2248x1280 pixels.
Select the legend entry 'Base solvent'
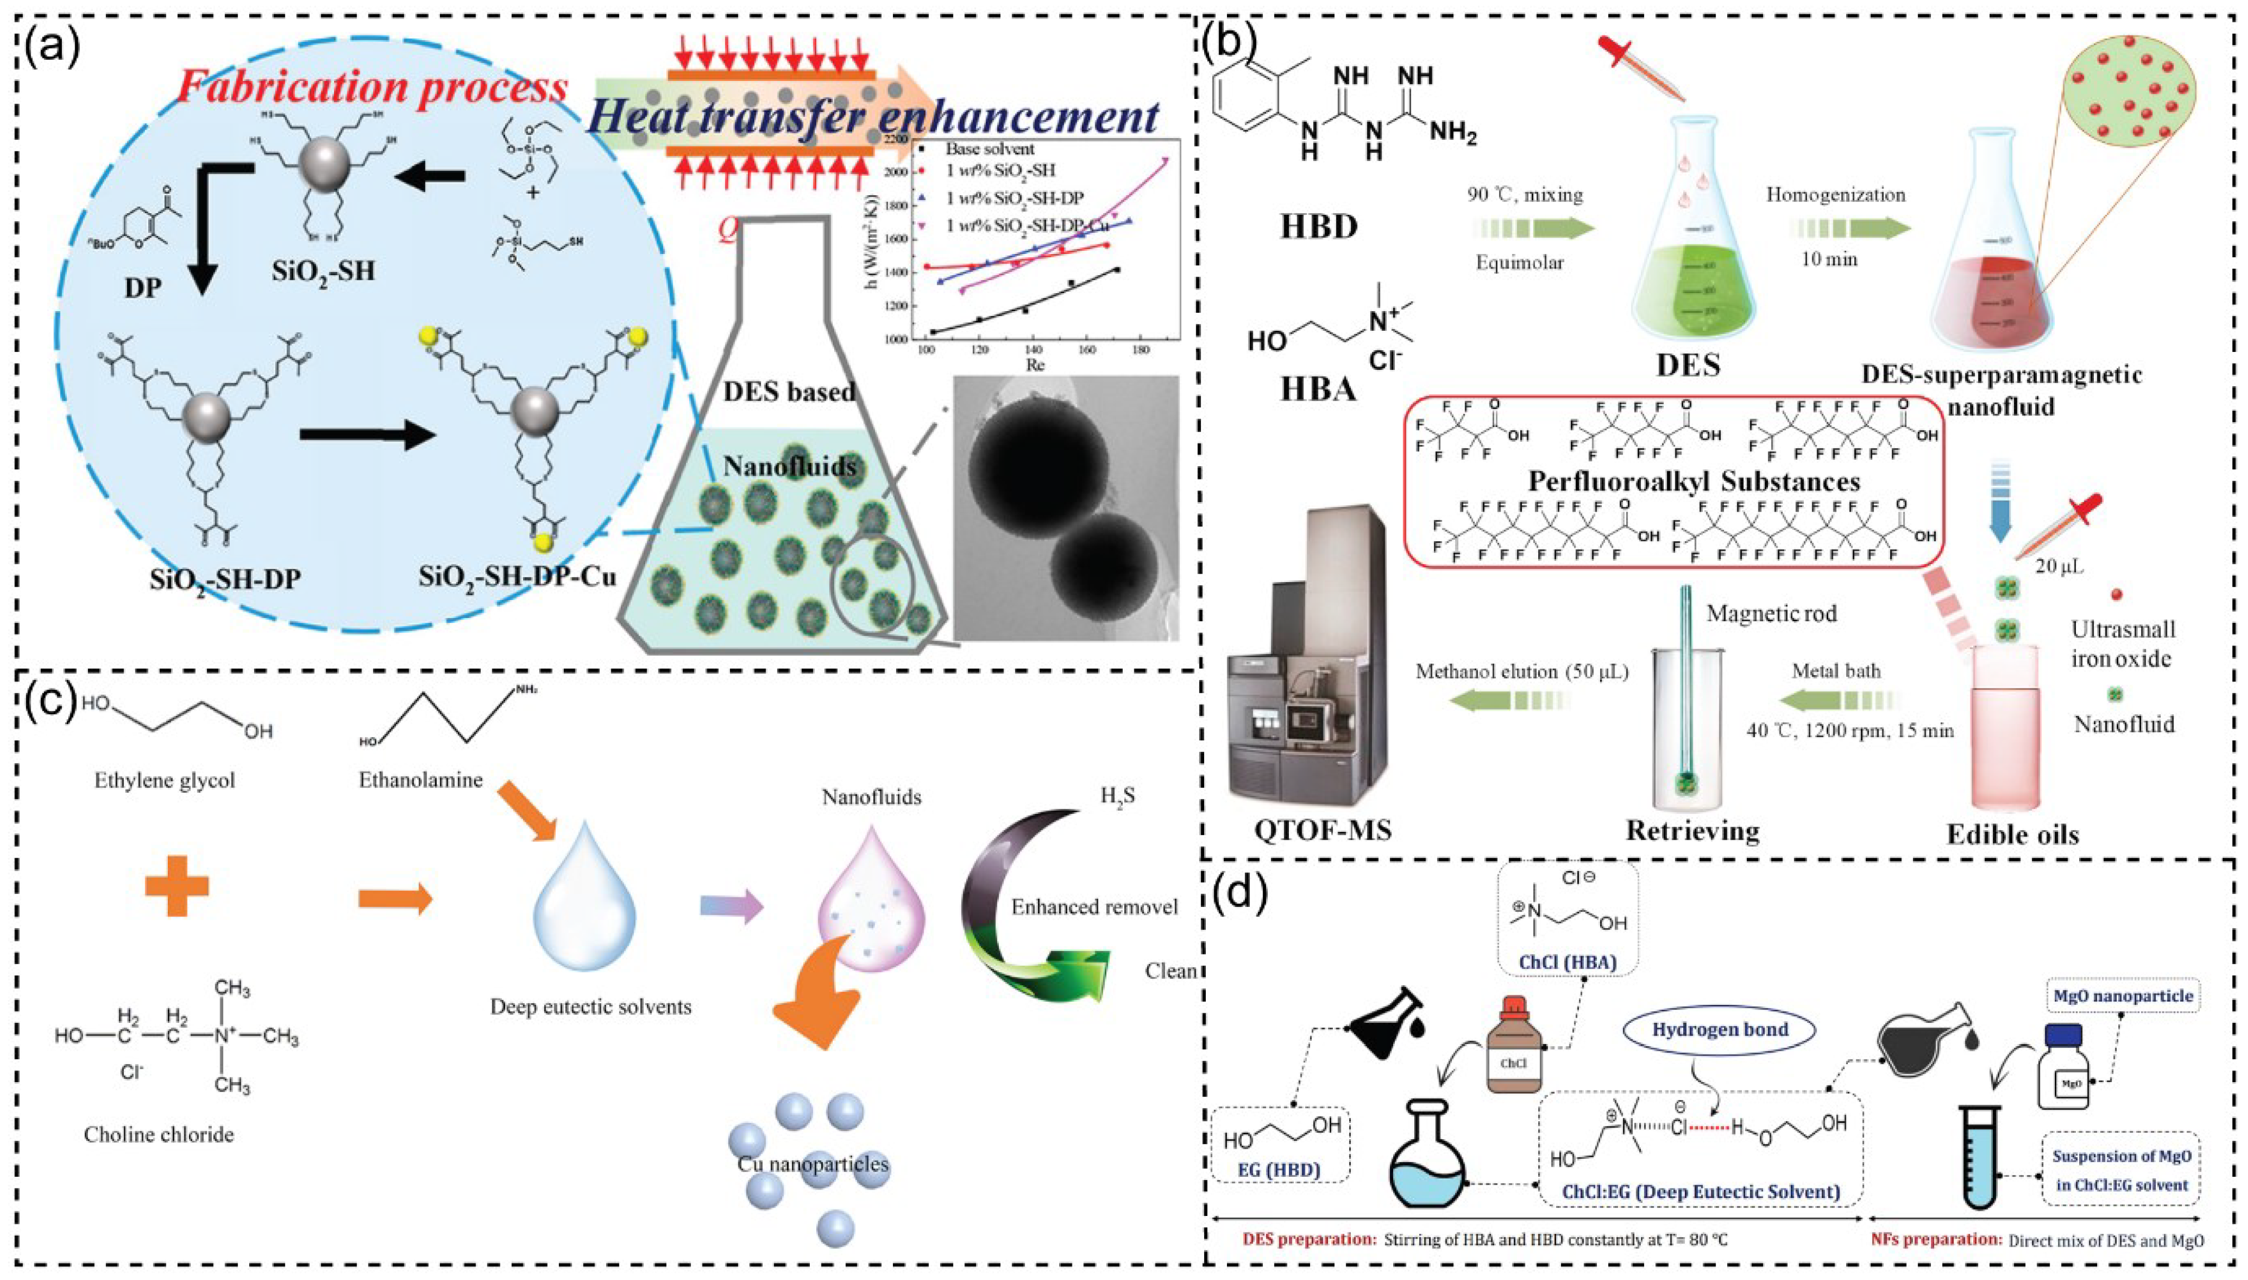point(989,149)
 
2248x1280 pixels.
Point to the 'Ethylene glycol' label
point(165,780)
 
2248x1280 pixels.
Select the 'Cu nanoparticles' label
point(812,1164)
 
